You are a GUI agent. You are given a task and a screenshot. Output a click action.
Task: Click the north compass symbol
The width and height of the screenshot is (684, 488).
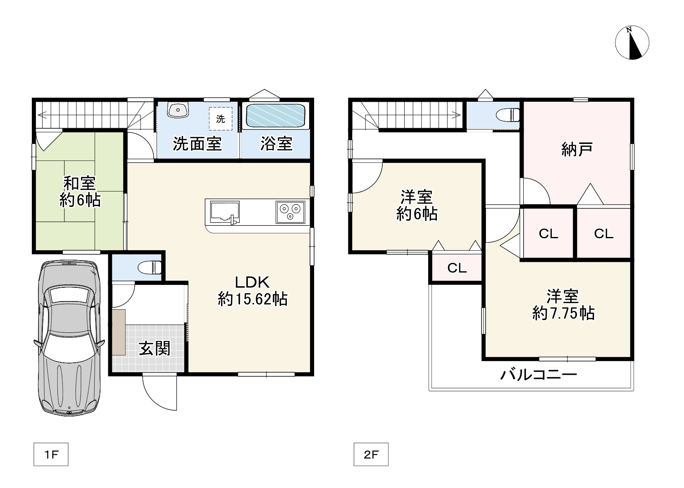[x=632, y=43]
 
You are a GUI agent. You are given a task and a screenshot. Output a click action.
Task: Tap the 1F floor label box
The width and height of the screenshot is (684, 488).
[x=51, y=455]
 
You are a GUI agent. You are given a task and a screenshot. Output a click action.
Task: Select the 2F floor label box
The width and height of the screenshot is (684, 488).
[x=371, y=455]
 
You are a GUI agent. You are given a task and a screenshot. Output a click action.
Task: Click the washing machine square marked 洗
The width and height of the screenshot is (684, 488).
[x=221, y=119]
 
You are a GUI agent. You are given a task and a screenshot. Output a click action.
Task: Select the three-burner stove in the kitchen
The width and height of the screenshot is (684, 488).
[x=290, y=212]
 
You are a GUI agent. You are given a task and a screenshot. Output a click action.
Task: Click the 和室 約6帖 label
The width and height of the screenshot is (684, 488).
[x=80, y=191]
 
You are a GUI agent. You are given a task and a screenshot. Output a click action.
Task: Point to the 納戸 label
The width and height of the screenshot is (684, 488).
[x=577, y=149]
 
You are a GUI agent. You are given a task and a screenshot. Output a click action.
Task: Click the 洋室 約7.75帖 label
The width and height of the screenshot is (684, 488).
[x=563, y=305]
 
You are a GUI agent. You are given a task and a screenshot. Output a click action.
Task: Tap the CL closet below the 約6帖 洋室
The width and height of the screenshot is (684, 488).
[x=457, y=268]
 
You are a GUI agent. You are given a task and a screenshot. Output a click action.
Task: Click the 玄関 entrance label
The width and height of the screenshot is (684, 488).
[x=154, y=349]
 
